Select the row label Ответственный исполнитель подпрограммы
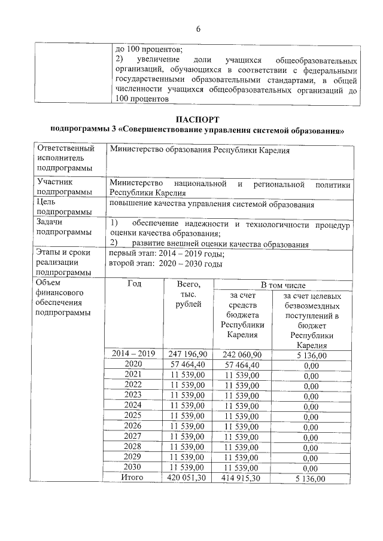coord(65,158)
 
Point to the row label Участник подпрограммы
coord(65,187)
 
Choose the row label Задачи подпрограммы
coord(65,228)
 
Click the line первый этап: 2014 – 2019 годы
coord(167,253)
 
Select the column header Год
coord(134,284)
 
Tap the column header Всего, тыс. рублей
coord(189,295)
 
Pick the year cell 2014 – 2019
coord(133,354)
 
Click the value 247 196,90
coord(188,354)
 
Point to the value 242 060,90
coord(242,354)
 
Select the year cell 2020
coord(133,364)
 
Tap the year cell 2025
coord(133,415)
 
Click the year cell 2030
coord(133,467)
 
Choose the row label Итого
coord(133,478)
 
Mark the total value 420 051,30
coord(188,478)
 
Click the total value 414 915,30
coord(242,478)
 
